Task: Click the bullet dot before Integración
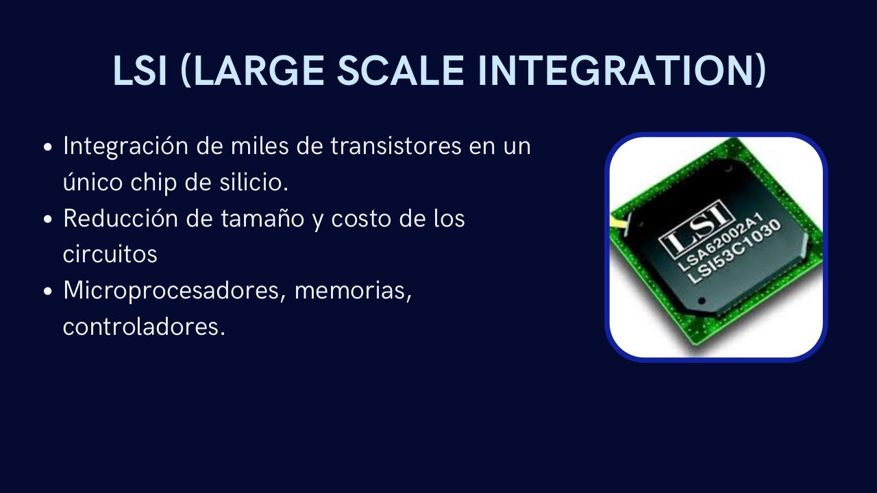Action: [47, 147]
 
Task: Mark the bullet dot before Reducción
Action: [47, 220]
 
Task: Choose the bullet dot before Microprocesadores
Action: [47, 292]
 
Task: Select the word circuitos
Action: [110, 255]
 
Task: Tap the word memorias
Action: [353, 291]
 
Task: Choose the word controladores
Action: [144, 327]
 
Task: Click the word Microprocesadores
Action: [174, 291]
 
